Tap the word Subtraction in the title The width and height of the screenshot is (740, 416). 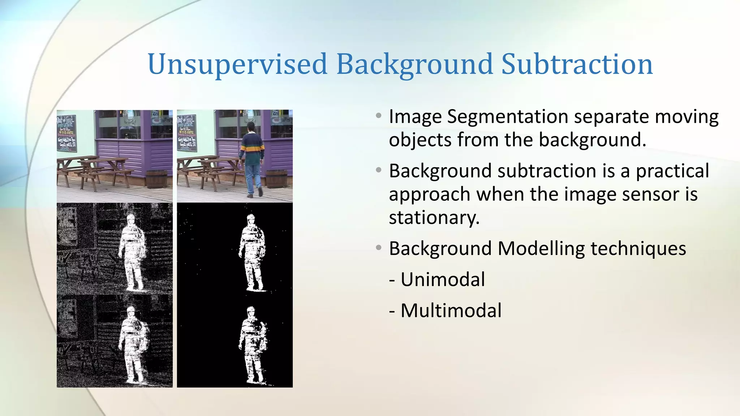point(577,64)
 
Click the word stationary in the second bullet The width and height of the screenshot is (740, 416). point(434,217)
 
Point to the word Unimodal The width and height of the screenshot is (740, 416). point(443,279)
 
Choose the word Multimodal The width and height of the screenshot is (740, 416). point(451,311)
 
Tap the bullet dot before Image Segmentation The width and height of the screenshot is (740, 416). point(378,116)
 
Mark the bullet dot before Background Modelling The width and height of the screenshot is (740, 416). point(378,248)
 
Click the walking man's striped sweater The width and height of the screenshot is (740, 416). point(252,148)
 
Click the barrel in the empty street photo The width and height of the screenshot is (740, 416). point(157,179)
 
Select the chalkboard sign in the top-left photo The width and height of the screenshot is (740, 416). point(66,133)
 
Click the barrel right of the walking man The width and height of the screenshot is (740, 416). point(276,179)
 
